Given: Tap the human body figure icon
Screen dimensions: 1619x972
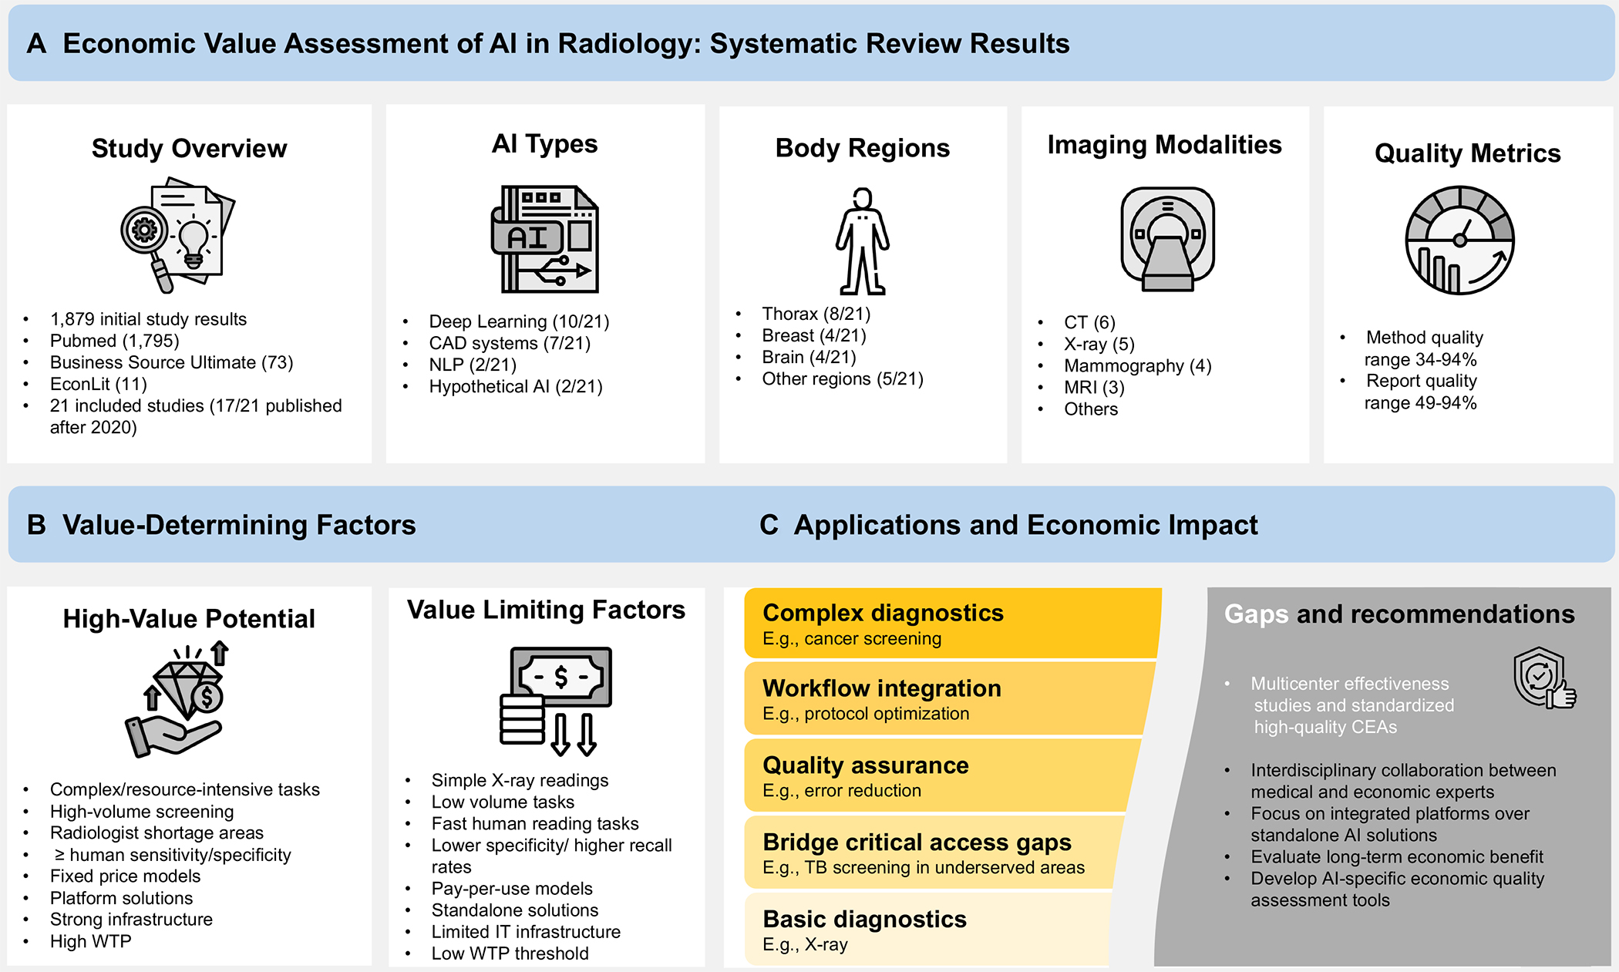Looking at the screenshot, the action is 863,241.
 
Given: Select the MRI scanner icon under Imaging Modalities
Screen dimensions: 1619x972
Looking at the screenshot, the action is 1167,239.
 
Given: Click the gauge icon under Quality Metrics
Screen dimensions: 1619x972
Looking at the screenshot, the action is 1459,240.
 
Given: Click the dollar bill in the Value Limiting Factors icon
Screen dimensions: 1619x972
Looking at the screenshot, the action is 560,678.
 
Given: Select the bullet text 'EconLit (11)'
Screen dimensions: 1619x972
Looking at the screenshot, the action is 98,384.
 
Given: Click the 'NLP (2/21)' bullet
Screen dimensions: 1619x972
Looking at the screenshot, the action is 473,365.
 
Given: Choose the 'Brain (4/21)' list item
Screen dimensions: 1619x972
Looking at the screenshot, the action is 809,357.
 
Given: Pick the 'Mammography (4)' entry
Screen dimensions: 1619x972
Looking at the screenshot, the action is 1137,365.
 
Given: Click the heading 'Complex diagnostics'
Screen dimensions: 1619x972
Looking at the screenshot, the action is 883,613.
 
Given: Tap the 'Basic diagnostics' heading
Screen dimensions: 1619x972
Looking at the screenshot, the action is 864,919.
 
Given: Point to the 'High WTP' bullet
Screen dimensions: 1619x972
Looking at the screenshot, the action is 90,941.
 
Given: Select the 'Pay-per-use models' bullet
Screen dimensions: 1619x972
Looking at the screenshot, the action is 512,889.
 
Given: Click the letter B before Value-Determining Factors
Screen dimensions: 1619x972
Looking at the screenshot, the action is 36,525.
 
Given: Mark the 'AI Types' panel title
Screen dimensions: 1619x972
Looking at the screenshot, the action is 544,143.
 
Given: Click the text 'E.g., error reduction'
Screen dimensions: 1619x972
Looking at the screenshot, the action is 842,790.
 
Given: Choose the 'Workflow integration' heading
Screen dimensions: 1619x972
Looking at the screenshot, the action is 882,688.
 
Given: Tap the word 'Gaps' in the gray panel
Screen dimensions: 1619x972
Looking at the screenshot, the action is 1256,614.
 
